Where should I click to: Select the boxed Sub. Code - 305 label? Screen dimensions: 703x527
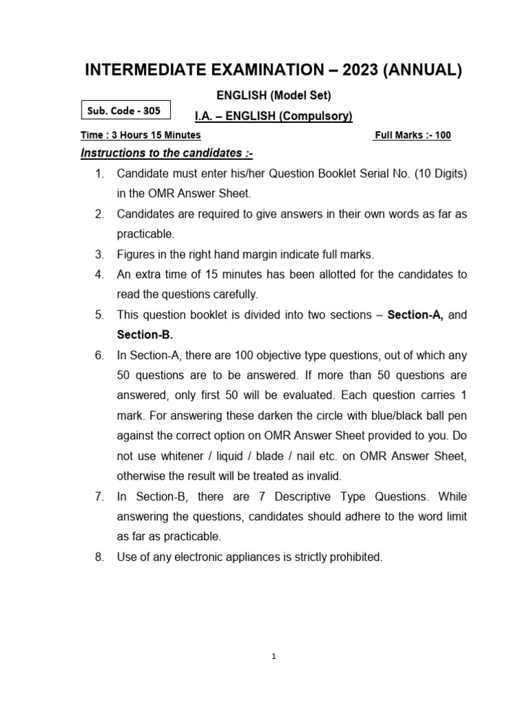click(126, 111)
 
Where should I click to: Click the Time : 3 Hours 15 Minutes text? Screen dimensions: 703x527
click(141, 135)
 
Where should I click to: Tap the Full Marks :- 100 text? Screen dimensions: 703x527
click(412, 135)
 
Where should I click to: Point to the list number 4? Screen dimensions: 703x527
click(99, 275)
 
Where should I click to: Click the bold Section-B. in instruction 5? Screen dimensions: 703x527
click(145, 335)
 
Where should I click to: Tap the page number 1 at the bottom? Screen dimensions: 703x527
click(273, 656)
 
